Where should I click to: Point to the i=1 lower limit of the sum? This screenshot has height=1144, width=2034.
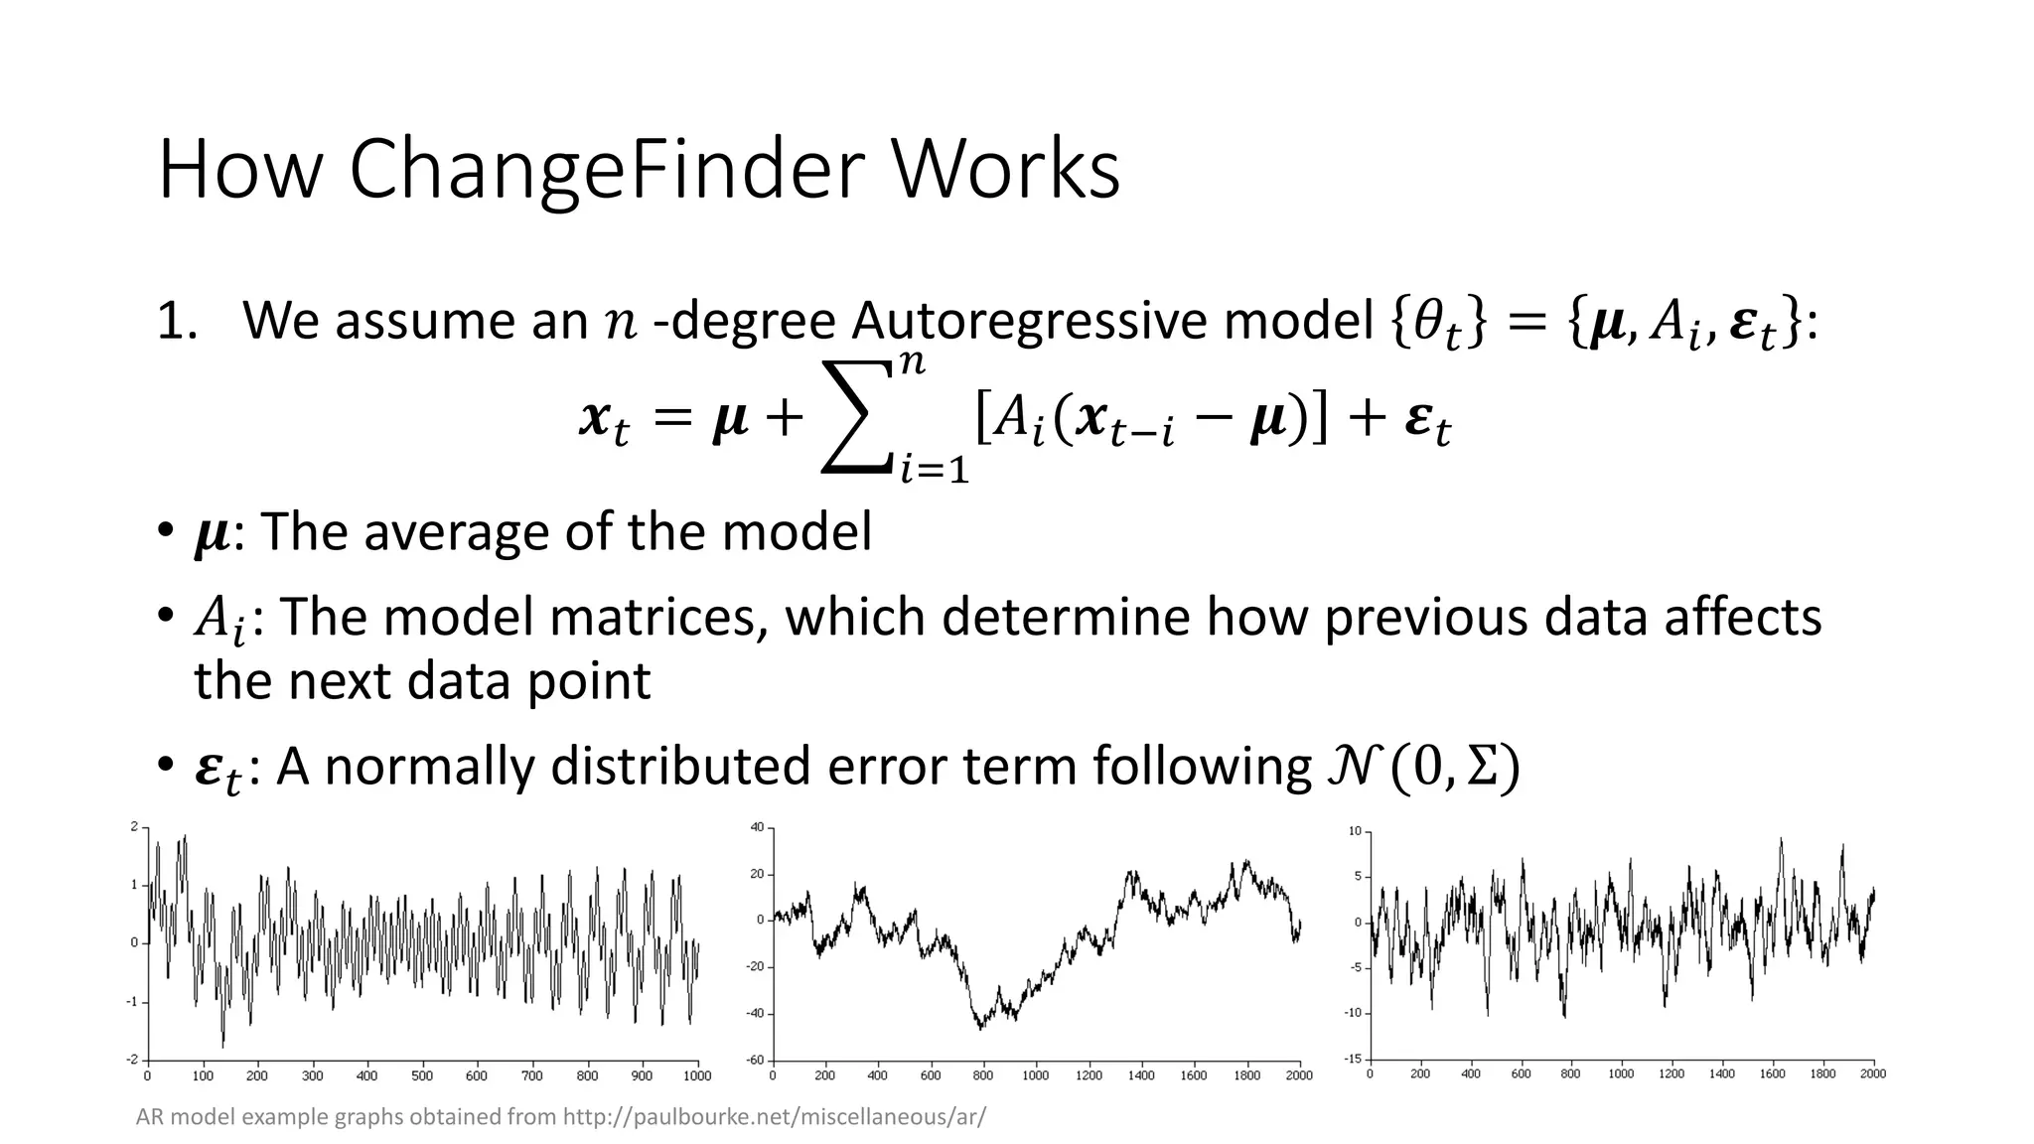point(934,468)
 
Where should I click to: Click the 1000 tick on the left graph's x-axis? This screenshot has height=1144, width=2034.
point(697,1075)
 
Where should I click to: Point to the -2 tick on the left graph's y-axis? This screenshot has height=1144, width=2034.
point(132,1060)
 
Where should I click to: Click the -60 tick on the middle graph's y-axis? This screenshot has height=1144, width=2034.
point(756,1060)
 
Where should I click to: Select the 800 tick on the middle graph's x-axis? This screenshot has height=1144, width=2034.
point(982,1075)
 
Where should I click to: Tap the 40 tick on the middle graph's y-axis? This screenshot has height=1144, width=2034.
point(757,827)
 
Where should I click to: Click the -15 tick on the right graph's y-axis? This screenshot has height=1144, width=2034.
point(1354,1060)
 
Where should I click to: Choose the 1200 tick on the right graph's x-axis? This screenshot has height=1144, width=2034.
point(1671,1074)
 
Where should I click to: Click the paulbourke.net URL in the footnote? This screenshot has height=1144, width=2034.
point(775,1117)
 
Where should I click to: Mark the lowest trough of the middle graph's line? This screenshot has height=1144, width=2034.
point(980,1029)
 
